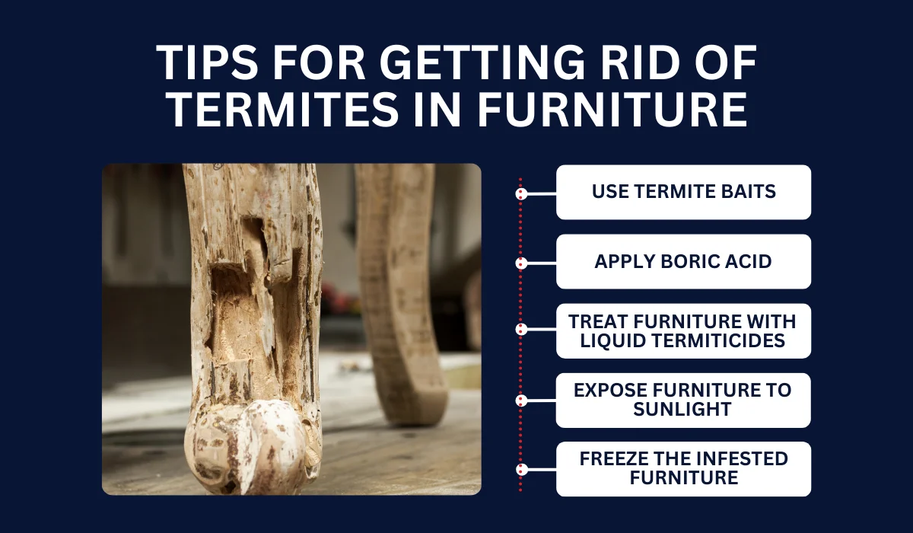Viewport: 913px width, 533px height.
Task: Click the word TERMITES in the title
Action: pos(282,110)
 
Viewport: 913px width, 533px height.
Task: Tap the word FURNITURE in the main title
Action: pos(612,110)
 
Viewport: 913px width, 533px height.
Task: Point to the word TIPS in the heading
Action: pos(207,62)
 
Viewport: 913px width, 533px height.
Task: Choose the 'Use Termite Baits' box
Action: pos(683,192)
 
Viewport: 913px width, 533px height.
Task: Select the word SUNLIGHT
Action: pos(682,409)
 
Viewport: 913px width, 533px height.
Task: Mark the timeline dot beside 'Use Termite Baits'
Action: pos(521,193)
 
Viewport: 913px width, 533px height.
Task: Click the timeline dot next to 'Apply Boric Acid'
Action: pos(521,263)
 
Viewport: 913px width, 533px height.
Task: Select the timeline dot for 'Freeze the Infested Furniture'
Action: pos(521,469)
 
